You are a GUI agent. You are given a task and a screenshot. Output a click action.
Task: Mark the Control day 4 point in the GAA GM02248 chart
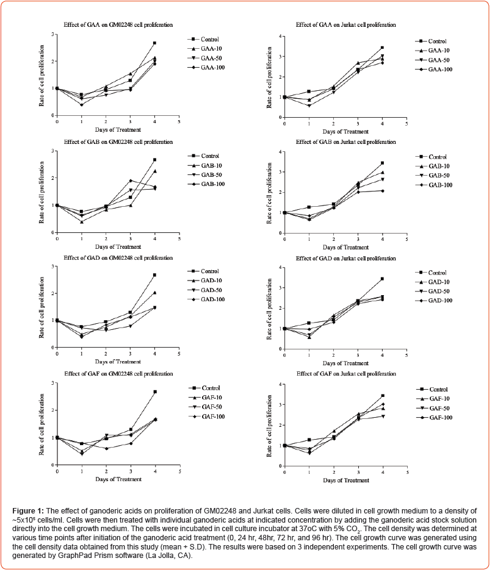[x=154, y=43]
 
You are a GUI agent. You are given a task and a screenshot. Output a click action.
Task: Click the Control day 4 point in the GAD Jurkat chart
[x=382, y=279]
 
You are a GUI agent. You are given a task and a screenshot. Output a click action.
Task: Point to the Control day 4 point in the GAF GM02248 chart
[x=154, y=392]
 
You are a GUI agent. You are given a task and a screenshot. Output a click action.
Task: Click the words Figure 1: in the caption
[x=31, y=509]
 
